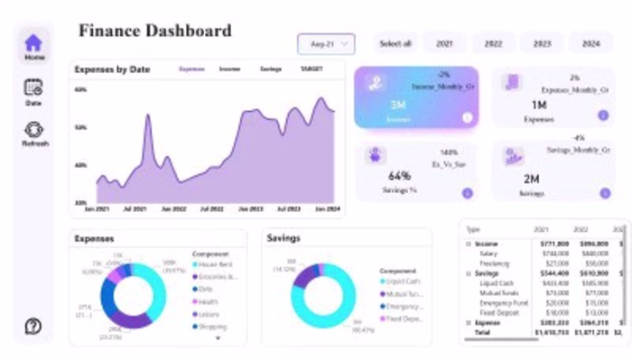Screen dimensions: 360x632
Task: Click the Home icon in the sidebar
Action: pos(33,42)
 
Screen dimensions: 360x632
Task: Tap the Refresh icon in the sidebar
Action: pos(33,130)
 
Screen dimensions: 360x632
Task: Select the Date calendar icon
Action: pos(33,88)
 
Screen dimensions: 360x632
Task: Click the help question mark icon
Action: pos(33,326)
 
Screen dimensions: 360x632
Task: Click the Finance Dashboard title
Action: pos(154,31)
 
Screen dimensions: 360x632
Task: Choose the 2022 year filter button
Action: pos(493,43)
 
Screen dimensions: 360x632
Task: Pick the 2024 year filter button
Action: pos(590,43)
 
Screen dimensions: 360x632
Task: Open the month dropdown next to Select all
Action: pos(326,44)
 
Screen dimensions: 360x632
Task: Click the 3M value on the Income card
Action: pos(397,105)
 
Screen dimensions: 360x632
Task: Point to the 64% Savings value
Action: pos(399,176)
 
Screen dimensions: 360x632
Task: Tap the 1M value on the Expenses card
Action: pos(538,105)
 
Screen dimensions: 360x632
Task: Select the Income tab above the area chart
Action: pos(229,69)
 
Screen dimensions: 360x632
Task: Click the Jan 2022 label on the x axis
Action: pos(173,208)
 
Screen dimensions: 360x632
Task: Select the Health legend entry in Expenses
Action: pos(210,301)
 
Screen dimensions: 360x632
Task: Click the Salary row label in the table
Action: pos(489,254)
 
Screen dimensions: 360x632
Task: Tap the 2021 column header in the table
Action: pos(542,229)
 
